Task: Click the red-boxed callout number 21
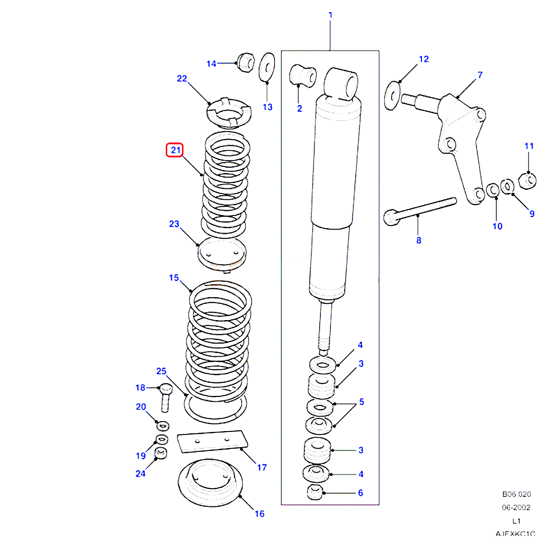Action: tap(175, 150)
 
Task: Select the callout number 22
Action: tap(182, 78)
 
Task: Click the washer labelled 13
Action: tap(267, 68)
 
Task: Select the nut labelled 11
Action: tap(527, 180)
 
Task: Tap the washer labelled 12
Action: tap(392, 96)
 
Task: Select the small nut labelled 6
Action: tap(315, 492)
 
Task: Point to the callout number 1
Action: tap(330, 15)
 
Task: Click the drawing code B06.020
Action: tap(517, 494)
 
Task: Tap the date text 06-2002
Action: tap(516, 507)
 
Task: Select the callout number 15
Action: tap(174, 278)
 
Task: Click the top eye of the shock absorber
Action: tap(342, 83)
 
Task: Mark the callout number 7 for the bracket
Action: tap(480, 75)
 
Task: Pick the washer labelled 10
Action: tap(493, 190)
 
